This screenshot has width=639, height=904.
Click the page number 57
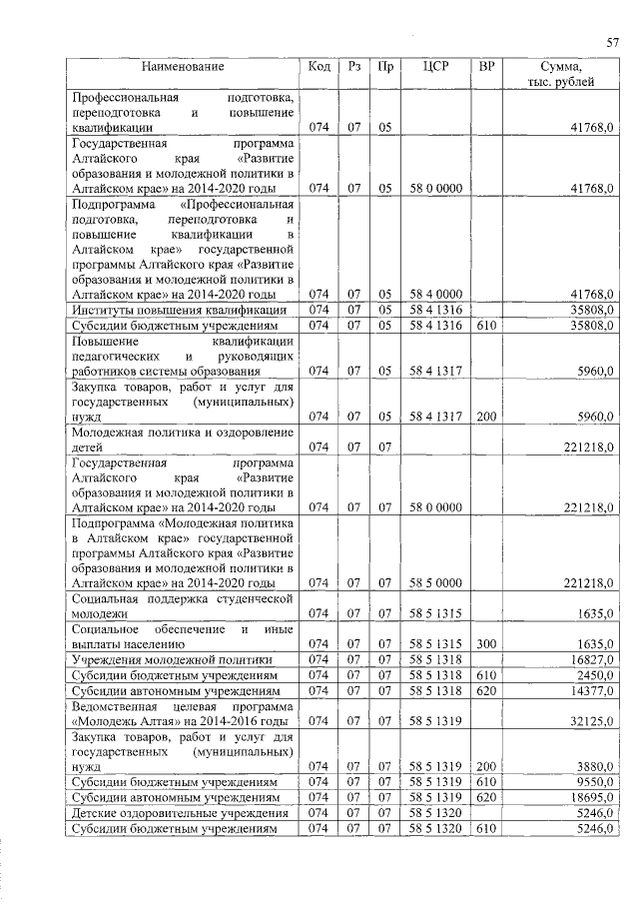612,42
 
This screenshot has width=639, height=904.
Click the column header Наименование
183,67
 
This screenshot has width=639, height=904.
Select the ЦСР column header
435,67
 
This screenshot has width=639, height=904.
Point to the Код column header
319,67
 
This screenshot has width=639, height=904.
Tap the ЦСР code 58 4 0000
435,294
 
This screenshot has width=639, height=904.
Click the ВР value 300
487,644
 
